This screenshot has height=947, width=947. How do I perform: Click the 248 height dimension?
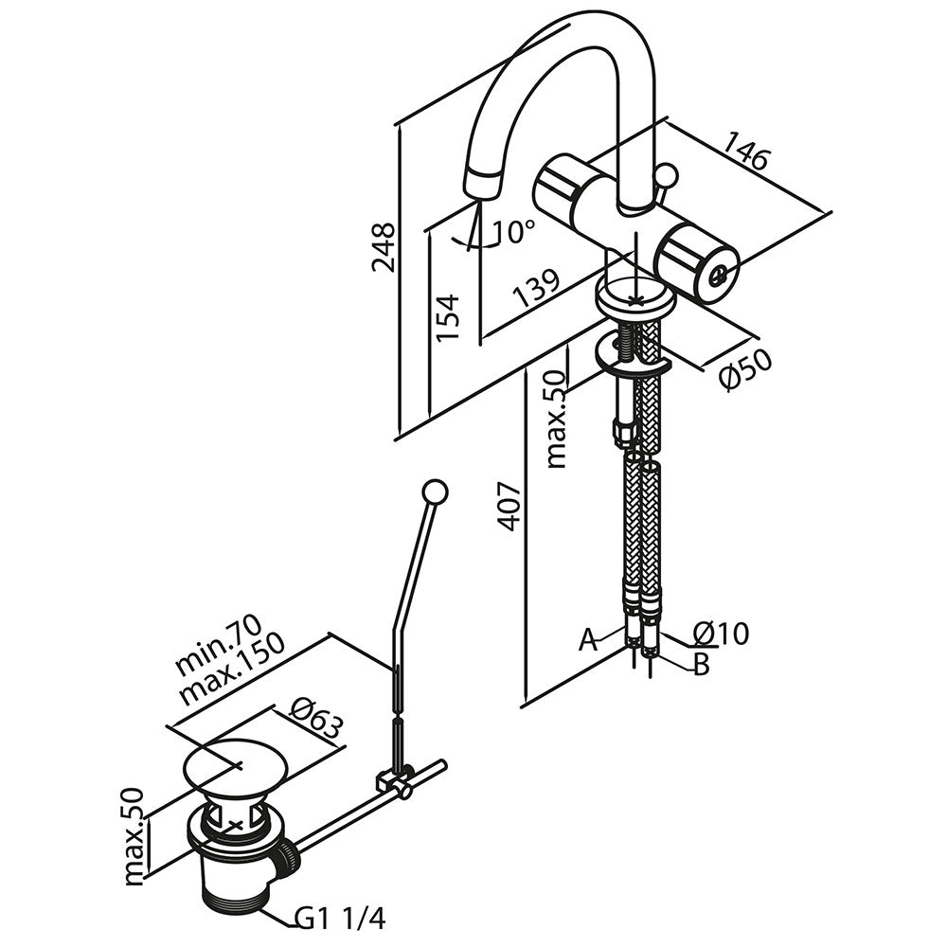(384, 248)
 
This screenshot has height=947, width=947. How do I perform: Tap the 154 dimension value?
(448, 317)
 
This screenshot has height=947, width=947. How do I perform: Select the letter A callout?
(589, 641)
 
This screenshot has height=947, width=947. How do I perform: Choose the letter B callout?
(701, 665)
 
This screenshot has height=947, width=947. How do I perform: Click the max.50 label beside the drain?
(136, 836)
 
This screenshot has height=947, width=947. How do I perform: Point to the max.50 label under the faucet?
(557, 419)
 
